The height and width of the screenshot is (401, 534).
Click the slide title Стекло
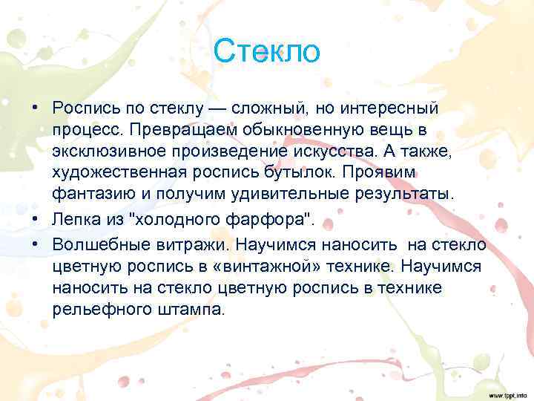point(266,53)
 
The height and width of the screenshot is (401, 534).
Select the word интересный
point(392,108)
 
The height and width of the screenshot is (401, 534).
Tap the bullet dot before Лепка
point(35,221)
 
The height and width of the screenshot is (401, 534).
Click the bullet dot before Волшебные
point(35,245)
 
